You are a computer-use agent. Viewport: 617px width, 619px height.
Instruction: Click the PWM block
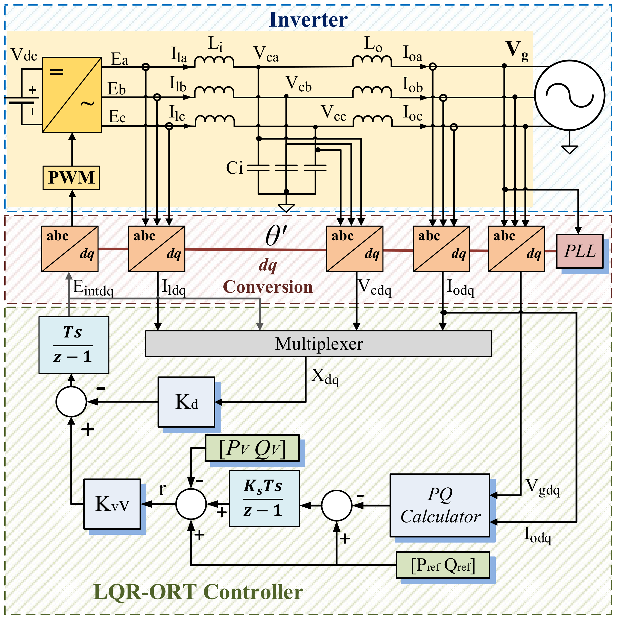coord(71,177)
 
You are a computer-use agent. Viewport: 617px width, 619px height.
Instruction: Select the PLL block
coord(580,251)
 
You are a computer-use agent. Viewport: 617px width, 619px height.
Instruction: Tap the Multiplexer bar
coord(319,344)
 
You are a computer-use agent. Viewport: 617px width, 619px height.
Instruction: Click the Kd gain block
coord(186,402)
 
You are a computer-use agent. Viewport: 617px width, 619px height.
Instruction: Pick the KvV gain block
coord(112,504)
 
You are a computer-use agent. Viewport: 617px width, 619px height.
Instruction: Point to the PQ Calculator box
coord(440,506)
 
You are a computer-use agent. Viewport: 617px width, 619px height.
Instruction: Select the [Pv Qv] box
coord(252,448)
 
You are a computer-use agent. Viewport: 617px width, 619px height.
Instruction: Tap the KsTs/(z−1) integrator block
coord(264,498)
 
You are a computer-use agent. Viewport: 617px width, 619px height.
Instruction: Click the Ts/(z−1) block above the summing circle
coord(74,345)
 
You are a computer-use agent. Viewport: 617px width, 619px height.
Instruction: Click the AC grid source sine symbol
coord(570,95)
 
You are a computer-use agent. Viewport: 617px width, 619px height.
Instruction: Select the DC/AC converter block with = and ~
coord(72,94)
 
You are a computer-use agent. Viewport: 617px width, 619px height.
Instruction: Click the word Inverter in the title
coord(308,20)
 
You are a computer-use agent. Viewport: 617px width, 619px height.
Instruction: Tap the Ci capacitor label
coord(235,168)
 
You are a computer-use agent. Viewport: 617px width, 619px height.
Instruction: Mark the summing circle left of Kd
coord(71,402)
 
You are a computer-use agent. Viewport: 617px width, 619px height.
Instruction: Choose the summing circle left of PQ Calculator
coord(337,506)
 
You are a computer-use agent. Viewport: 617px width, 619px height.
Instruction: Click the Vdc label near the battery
coord(24,55)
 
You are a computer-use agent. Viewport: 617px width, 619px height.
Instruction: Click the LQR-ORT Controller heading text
coord(198,592)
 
